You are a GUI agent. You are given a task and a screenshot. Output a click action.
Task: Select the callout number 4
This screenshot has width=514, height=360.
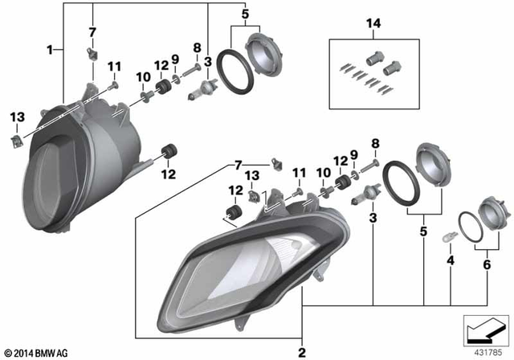click(451, 260)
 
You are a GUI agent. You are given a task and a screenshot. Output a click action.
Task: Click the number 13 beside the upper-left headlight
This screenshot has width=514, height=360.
click(17, 118)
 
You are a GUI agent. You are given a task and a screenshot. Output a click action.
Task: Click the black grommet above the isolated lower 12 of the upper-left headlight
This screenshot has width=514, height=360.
click(169, 150)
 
